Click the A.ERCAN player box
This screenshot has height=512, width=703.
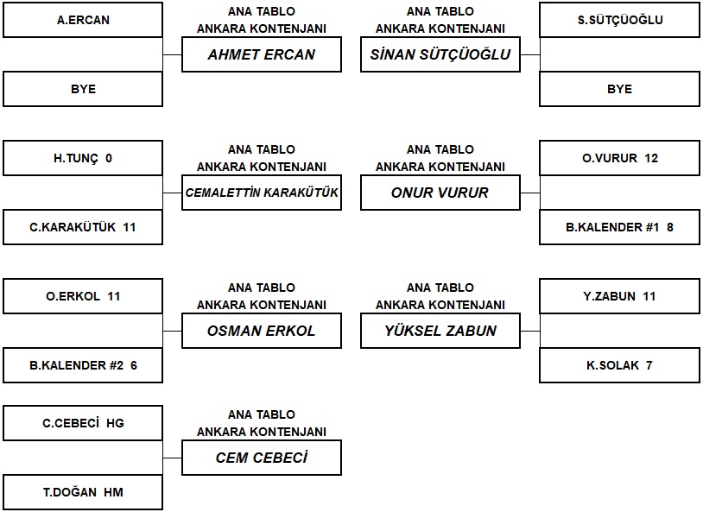tap(83, 20)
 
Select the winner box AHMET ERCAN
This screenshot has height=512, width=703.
tap(262, 54)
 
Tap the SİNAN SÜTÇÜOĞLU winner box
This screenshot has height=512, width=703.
tap(440, 54)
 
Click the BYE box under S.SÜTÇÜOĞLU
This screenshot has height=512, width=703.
tap(619, 89)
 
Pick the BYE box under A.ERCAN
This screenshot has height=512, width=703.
tap(83, 89)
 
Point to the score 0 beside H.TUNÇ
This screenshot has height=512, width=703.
tap(109, 158)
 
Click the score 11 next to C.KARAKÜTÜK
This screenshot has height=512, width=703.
tap(130, 227)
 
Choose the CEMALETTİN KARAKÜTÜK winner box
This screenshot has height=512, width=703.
tap(262, 193)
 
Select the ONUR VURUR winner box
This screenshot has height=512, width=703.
tap(440, 193)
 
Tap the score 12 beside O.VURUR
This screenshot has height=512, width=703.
tap(651, 158)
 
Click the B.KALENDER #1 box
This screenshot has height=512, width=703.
tap(619, 227)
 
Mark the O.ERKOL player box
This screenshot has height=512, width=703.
tap(83, 296)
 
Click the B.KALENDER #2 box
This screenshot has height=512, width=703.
tap(83, 365)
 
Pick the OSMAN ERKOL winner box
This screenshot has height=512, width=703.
tap(262, 331)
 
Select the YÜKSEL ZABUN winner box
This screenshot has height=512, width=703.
tap(440, 331)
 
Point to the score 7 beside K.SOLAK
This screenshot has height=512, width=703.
tap(649, 365)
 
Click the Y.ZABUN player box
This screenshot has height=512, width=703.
tap(619, 296)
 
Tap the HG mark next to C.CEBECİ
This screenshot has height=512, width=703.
tap(115, 423)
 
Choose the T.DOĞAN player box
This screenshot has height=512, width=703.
tap(83, 492)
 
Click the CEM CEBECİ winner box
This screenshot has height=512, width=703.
tap(262, 458)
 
